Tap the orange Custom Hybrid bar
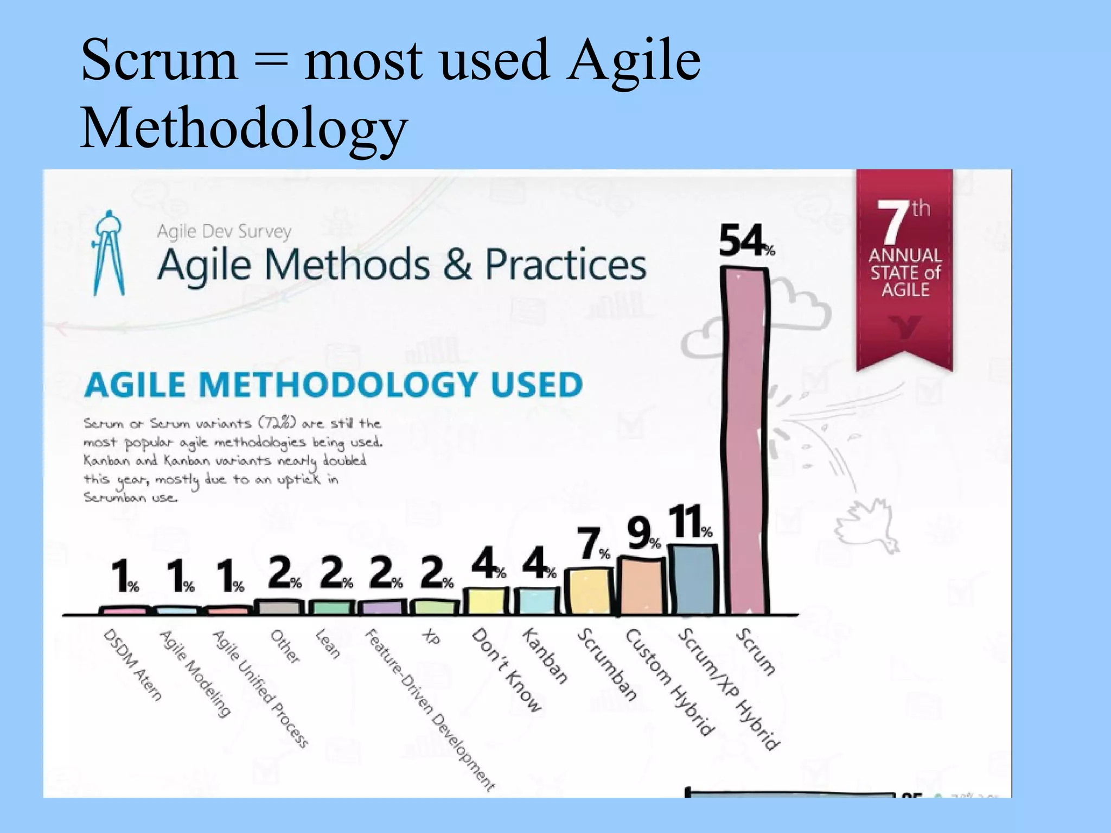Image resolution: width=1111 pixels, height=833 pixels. pos(643,586)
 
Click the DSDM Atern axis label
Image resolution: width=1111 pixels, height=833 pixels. pos(132,665)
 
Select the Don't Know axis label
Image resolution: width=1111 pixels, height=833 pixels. pos(506,669)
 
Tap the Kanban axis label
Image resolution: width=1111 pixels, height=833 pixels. pos(545,656)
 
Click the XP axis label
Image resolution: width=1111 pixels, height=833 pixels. pos(431,638)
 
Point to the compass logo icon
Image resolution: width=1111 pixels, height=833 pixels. pos(108,253)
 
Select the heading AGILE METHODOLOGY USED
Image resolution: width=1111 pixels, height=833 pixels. pos(333,385)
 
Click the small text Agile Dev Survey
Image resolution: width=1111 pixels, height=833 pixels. pos(224,232)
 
